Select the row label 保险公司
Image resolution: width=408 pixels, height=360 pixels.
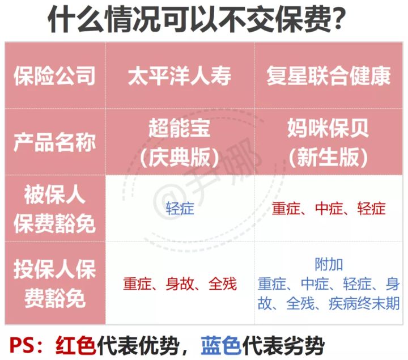point(54,76)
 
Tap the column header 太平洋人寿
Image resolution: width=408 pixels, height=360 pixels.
point(180,76)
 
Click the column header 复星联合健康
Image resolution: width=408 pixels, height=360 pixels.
point(329,76)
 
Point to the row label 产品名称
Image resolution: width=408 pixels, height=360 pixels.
point(54,141)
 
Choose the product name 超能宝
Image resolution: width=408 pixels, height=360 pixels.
point(180,128)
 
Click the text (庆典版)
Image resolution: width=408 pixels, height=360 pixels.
point(180,155)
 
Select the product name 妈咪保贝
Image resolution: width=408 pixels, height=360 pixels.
point(329,128)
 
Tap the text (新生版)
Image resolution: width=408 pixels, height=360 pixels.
point(329,155)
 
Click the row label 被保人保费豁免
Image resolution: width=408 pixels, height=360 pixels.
point(54,209)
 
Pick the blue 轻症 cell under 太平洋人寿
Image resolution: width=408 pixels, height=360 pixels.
point(180,209)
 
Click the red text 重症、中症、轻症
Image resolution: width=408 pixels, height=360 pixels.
point(329,209)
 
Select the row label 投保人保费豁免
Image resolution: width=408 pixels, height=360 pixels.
point(54,282)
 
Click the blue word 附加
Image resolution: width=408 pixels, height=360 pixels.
point(329,265)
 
